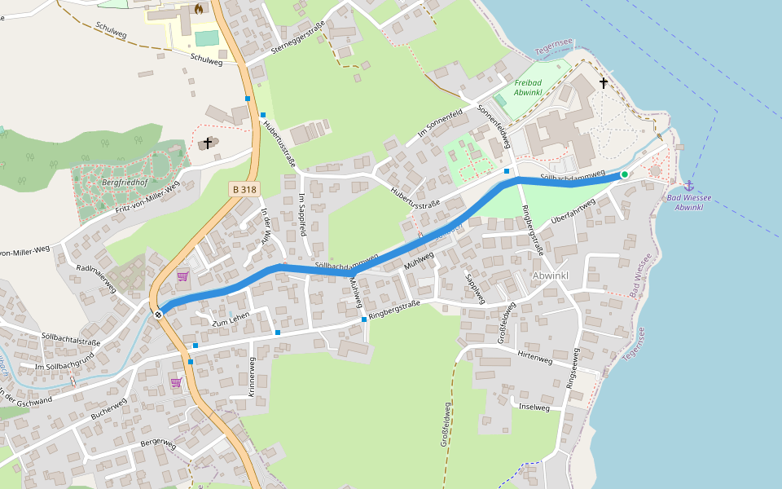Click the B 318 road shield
click(244, 189)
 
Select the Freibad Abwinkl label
click(529, 87)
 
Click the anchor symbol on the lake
click(688, 186)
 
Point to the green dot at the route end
click(625, 174)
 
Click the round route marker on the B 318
click(159, 314)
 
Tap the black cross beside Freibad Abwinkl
click(604, 82)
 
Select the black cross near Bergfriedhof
click(208, 143)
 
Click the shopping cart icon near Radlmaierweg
click(182, 277)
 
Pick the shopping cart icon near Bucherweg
click(176, 381)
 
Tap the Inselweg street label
click(534, 406)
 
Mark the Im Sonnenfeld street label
click(440, 122)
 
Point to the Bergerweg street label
click(158, 443)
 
